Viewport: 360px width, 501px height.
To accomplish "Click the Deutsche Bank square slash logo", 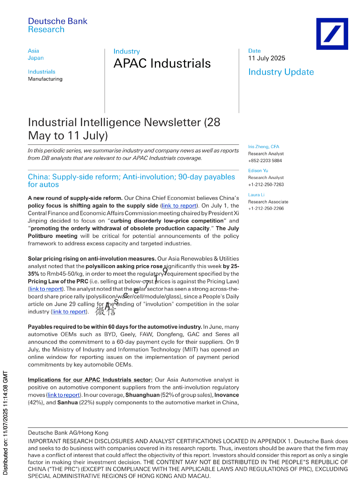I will pyautogui.click(x=332, y=34).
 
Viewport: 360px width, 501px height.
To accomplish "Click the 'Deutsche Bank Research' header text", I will pyautogui.click(x=57, y=25).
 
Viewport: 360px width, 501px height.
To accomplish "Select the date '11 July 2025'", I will pyautogui.click(x=266, y=58).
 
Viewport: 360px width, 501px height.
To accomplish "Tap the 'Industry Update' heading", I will pyautogui.click(x=281, y=72).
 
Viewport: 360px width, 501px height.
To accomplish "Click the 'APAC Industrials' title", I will pyautogui.click(x=162, y=63).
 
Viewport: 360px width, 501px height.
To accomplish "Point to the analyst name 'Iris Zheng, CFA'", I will pyautogui.click(x=263, y=147).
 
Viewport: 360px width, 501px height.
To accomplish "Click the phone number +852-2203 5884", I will pyautogui.click(x=265, y=161).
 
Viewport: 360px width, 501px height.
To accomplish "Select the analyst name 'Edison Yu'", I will pyautogui.click(x=258, y=171).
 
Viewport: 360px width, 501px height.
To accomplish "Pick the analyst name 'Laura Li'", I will pyautogui.click(x=256, y=195).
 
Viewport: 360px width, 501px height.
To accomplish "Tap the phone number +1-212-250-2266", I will pyautogui.click(x=266, y=208).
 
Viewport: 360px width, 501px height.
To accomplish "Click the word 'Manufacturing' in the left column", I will pyautogui.click(x=45, y=79).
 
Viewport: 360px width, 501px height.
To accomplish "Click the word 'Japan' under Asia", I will pyautogui.click(x=36, y=58).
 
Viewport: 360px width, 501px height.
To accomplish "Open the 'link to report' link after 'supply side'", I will pyautogui.click(x=179, y=206).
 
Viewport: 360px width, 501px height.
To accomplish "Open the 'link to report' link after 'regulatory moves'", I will pyautogui.click(x=64, y=395).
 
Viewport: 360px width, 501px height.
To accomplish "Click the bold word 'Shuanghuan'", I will pyautogui.click(x=142, y=395).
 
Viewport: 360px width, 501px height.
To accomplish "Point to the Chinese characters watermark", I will pyautogui.click(x=105, y=311).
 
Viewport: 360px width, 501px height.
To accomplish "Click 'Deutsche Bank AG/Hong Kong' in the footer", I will pyautogui.click(x=68, y=433).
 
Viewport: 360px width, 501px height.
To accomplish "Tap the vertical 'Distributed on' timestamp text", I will pyautogui.click(x=5, y=423).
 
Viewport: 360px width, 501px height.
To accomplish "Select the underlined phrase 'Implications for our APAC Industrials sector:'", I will pyautogui.click(x=90, y=380).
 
